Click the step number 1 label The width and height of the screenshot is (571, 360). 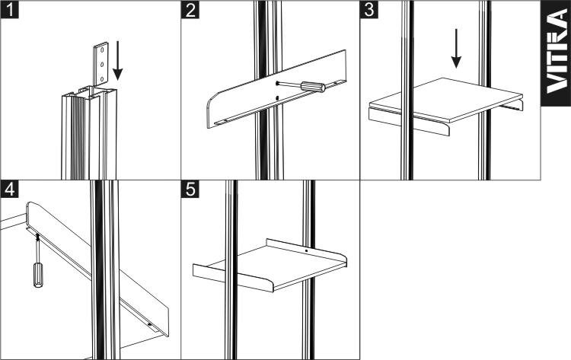point(9,9)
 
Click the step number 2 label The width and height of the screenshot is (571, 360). point(190,9)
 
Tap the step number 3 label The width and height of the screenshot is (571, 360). point(369,9)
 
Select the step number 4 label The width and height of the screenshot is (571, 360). point(9,189)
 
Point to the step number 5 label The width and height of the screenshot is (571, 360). point(190,189)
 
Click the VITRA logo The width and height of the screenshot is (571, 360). point(557,53)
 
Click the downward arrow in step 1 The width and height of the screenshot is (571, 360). point(117,60)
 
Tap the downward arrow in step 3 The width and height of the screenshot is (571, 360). point(456,49)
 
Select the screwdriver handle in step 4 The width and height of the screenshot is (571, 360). point(38,276)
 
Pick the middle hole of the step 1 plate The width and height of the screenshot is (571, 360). point(102,65)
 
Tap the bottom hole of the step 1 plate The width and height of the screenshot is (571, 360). point(101,78)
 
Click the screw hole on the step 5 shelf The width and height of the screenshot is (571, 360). point(306,251)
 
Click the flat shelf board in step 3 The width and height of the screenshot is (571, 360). point(446,99)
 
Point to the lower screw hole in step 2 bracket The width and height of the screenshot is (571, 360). point(277,97)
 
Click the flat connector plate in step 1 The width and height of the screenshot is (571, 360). point(100,65)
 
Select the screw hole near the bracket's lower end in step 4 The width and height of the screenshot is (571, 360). point(149,323)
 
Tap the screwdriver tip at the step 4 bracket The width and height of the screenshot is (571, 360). point(37,237)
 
